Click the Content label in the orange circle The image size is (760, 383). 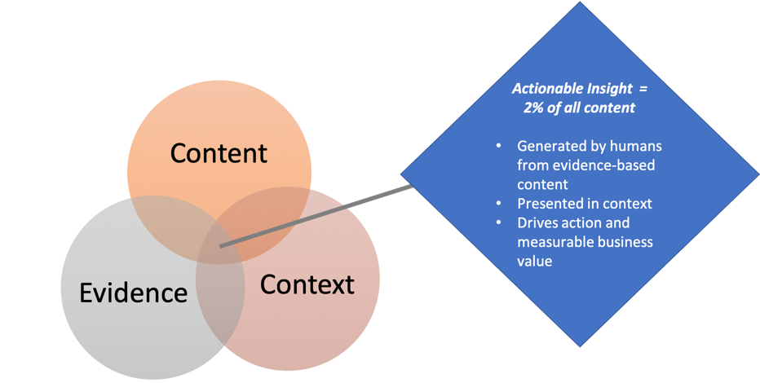218,153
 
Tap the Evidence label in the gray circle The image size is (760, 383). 133,293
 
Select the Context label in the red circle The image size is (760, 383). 307,284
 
